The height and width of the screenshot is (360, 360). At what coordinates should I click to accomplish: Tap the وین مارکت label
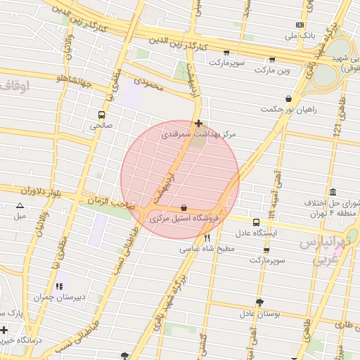tap(271, 71)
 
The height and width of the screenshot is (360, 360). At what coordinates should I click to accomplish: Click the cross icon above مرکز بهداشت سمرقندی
tap(200, 122)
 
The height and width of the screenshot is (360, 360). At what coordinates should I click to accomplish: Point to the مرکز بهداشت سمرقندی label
tap(199, 133)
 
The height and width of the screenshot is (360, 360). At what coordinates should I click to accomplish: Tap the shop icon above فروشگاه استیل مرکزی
tap(184, 208)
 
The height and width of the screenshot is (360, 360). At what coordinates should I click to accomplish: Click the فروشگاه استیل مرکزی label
tap(184, 219)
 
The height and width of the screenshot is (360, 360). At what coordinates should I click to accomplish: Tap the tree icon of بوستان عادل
tap(259, 302)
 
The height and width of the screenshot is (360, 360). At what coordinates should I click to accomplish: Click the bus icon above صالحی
tap(102, 115)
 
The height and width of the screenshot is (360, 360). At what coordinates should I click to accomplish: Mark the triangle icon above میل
tap(20, 206)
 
